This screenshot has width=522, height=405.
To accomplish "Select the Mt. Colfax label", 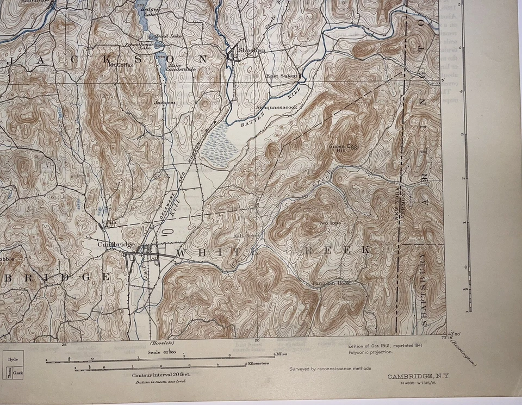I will (x=121, y=65).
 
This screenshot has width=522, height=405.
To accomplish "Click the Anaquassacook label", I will (x=277, y=108).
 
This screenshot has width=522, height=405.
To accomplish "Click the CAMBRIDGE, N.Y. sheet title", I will (x=418, y=376).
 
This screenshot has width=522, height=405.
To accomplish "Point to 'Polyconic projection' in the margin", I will (x=370, y=352).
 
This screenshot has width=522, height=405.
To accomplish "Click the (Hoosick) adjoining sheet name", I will (x=161, y=344).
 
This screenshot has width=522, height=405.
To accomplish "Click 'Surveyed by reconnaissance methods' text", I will (x=330, y=368).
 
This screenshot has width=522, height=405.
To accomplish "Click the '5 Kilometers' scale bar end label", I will (x=258, y=363).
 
